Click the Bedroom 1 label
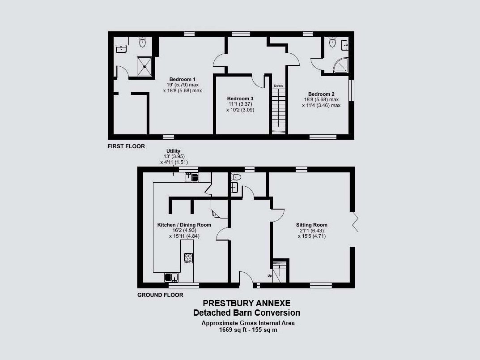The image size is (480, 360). click(183, 79)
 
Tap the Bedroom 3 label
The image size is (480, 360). click(240, 99)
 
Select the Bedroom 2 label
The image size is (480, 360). click(321, 94)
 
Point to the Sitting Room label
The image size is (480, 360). click(312, 225)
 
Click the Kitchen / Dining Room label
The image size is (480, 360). click(184, 225)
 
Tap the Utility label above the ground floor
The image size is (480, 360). click(173, 151)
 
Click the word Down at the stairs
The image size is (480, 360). click(278, 86)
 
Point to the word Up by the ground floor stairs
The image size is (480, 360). click(270, 276)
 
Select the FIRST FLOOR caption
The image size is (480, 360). click(126, 146)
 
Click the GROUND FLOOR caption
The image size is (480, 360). click(160, 295)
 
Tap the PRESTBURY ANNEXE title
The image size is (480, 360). click(247, 303)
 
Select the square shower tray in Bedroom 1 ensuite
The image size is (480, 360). click(144, 66)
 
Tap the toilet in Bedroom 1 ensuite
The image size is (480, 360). click(143, 42)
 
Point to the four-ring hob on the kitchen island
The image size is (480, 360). click(188, 258)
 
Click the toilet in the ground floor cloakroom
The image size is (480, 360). click(236, 177)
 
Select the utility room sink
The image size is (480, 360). click(191, 177)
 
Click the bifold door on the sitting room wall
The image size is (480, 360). click(355, 222)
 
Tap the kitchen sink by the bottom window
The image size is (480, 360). click(171, 277)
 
